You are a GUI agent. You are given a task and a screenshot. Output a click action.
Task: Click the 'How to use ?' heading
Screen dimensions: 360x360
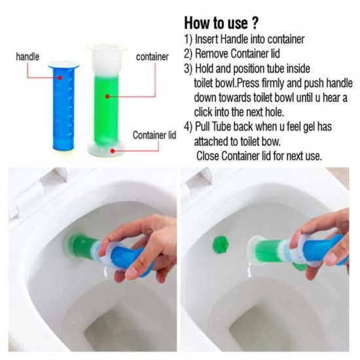pyautogui.click(x=221, y=23)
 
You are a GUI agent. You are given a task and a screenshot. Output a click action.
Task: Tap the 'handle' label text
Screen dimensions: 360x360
pyautogui.click(x=27, y=56)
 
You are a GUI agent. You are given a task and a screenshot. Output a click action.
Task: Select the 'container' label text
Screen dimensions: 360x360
pyautogui.click(x=153, y=57)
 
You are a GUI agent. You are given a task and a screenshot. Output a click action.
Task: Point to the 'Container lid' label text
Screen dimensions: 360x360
pyautogui.click(x=154, y=135)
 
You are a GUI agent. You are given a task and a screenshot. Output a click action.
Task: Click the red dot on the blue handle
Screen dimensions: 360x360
pyautogui.click(x=60, y=78)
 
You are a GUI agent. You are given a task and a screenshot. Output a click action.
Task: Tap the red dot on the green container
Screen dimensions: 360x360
pyautogui.click(x=107, y=96)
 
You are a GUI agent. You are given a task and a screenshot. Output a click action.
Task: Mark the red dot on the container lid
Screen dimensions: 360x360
pyautogui.click(x=113, y=151)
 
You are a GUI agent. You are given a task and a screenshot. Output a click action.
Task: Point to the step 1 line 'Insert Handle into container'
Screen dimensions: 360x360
pyautogui.click(x=244, y=39)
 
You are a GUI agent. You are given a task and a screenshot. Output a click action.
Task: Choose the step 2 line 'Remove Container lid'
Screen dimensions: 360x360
pyautogui.click(x=232, y=54)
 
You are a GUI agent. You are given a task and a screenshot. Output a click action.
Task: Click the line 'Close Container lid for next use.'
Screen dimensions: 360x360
pyautogui.click(x=259, y=156)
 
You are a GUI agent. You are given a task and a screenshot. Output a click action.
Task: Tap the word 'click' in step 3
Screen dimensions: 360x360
pyautogui.click(x=203, y=113)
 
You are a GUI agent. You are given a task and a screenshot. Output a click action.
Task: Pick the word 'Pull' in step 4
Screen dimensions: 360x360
pyautogui.click(x=202, y=126)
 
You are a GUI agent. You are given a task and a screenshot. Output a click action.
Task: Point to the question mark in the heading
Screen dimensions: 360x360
pyautogui.click(x=255, y=23)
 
